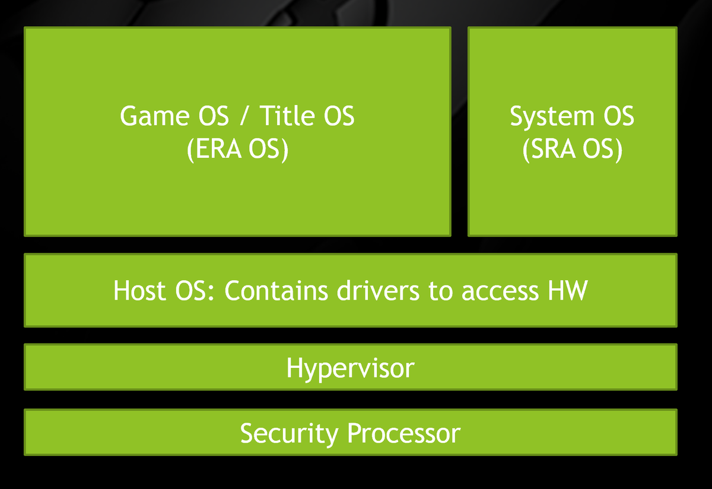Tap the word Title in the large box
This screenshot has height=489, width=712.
[x=288, y=116]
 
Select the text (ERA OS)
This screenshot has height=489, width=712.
[x=237, y=150]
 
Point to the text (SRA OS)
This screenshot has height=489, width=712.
[x=572, y=150]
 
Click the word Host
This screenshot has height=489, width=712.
[x=140, y=291]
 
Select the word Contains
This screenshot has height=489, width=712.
[x=276, y=291]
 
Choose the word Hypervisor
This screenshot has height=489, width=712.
[x=350, y=368]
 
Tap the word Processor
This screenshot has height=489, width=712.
[x=403, y=433]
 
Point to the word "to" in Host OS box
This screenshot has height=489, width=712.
[x=439, y=291]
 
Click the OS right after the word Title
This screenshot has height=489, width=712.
[x=339, y=116]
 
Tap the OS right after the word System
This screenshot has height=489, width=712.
[x=618, y=116]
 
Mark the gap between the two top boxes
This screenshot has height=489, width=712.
[x=459, y=131]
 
